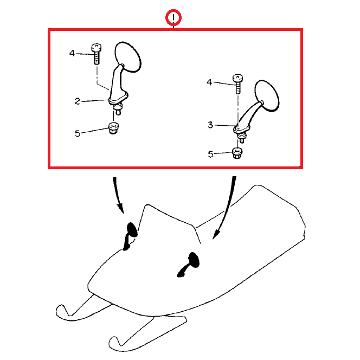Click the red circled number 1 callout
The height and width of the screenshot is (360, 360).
point(173,17)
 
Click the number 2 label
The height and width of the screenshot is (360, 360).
point(78,101)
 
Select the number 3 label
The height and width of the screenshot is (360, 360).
point(210,125)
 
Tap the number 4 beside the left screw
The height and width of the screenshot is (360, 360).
point(72,53)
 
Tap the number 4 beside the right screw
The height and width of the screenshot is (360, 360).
point(209,82)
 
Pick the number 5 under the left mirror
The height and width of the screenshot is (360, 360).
point(78,133)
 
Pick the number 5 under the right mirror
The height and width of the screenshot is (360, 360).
point(210,154)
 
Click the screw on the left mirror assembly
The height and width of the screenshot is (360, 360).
point(97,54)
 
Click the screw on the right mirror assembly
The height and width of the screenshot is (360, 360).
point(238,84)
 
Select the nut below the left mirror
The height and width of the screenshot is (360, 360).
point(113,128)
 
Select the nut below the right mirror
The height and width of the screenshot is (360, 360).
point(237,153)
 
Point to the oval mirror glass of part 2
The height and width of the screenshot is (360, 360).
point(128,57)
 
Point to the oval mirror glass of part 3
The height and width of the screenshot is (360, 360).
point(267,96)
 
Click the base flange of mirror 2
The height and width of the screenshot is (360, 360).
point(118,98)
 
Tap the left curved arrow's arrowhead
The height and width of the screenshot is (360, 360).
point(120,208)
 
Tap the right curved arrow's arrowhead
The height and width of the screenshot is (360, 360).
point(216,234)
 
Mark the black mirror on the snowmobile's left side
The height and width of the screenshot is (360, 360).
point(130,235)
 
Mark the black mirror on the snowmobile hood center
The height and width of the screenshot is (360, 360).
point(189,264)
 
